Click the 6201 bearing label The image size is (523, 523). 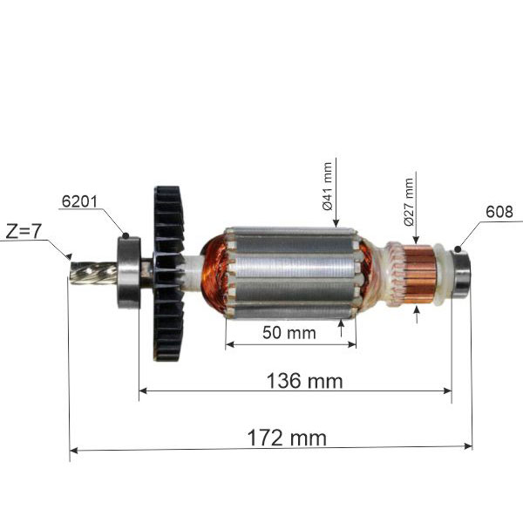[x=78, y=200]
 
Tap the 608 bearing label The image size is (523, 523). [x=499, y=211]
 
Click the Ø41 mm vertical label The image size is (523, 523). [x=328, y=187]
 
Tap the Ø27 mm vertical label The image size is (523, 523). [x=408, y=201]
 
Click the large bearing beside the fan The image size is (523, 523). [x=130, y=270]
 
